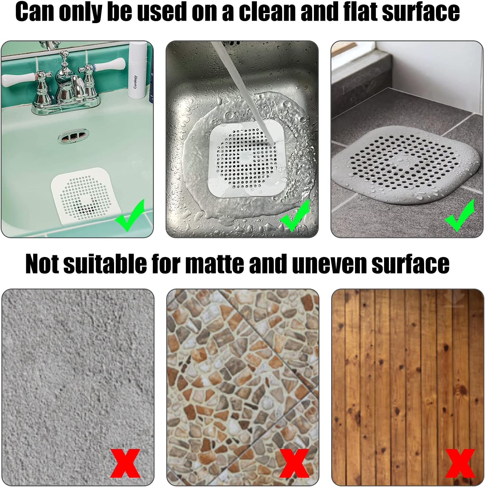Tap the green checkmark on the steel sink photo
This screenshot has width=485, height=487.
coord(295,215)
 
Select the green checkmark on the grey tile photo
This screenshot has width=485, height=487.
coord(460,215)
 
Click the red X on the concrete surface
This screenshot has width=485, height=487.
coord(125,464)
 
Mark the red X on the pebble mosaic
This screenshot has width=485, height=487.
coord(294,464)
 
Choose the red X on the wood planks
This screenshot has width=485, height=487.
coord(460,464)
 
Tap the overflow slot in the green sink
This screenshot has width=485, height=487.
coord(74,136)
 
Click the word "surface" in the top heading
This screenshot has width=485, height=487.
coord(420,12)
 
